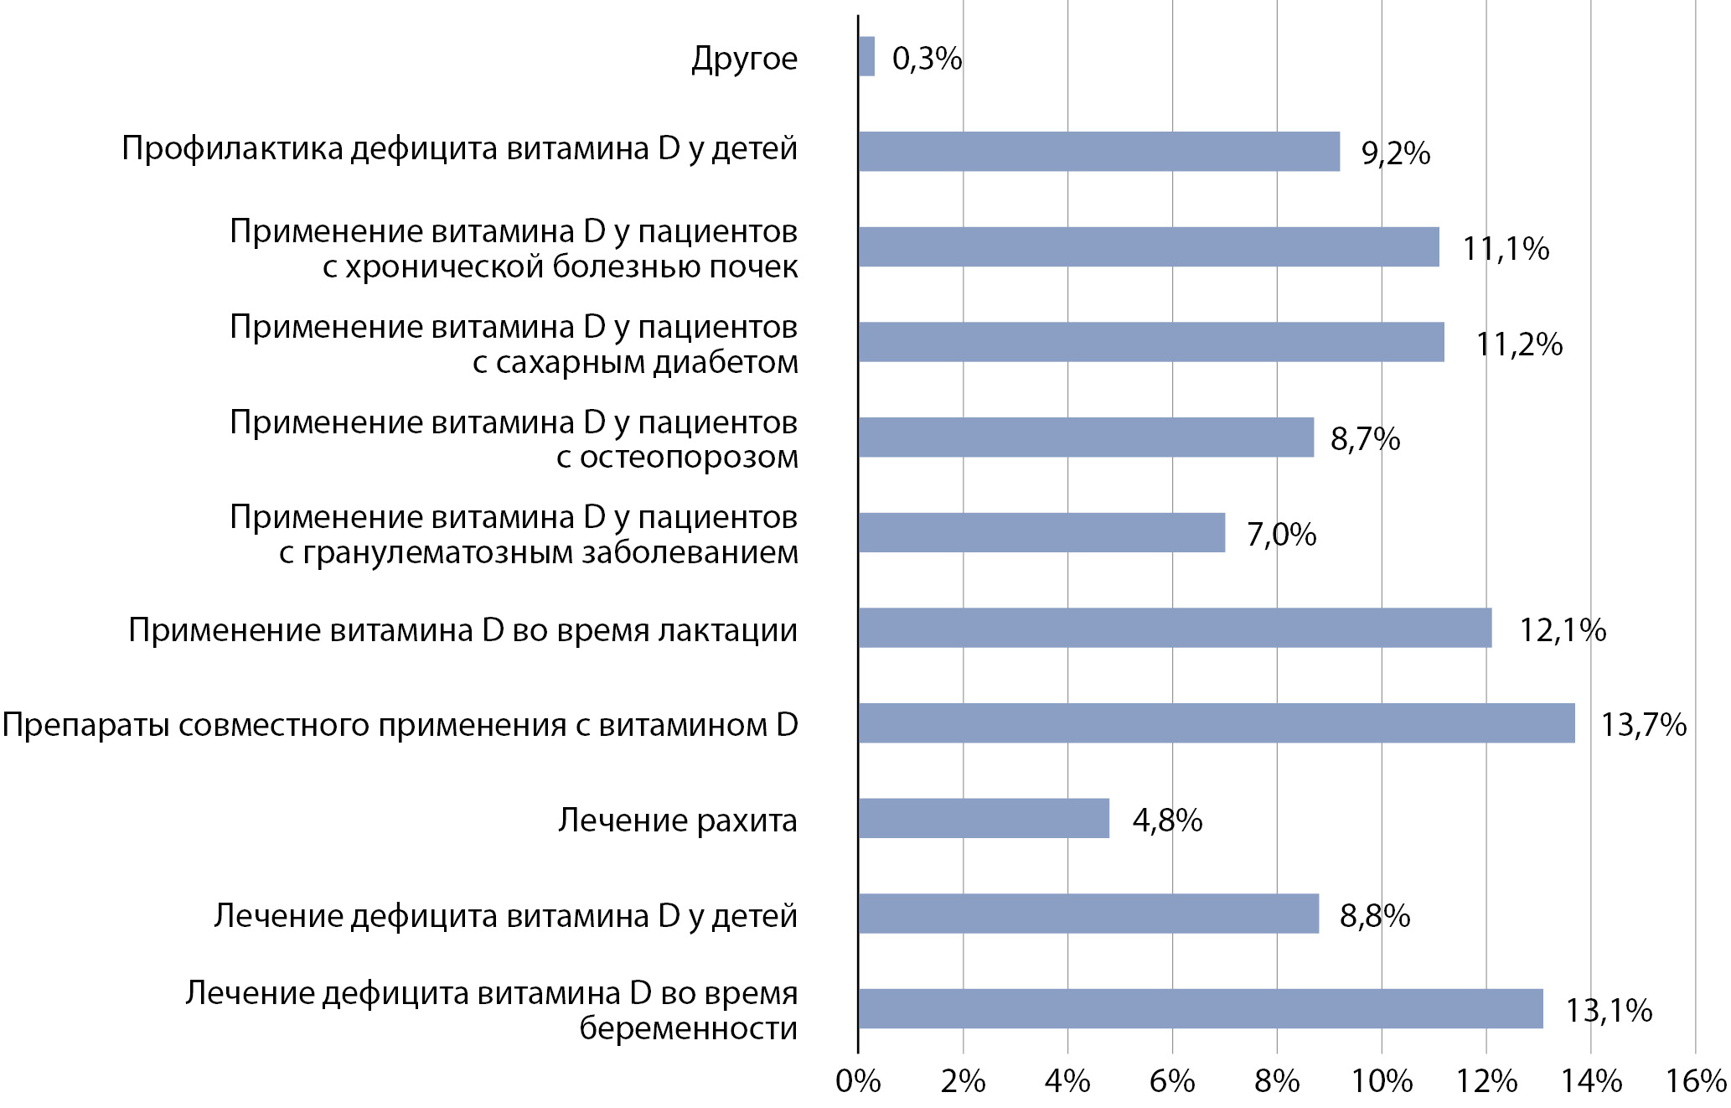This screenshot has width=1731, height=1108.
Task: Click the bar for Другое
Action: pyautogui.click(x=866, y=56)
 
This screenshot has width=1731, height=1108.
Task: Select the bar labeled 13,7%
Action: pyautogui.click(x=1216, y=723)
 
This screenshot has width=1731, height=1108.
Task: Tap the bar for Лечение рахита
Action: pyautogui.click(x=984, y=818)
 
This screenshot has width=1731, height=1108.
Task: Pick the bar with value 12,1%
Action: pyautogui.click(x=1175, y=628)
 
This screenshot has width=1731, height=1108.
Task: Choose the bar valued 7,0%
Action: pyautogui.click(x=1041, y=532)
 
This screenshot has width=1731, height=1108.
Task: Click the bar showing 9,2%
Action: pyautogui.click(x=1098, y=152)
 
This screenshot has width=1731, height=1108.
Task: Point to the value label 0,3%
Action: pyautogui.click(x=927, y=59)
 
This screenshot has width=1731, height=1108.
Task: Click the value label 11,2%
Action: pyautogui.click(x=1518, y=344)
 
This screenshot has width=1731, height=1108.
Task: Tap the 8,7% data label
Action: pyautogui.click(x=1365, y=439)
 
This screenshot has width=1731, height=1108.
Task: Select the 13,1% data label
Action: pyautogui.click(x=1609, y=1011)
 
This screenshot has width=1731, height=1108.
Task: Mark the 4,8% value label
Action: pyautogui.click(x=1167, y=821)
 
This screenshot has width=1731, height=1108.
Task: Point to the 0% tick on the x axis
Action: pyautogui.click(x=858, y=1082)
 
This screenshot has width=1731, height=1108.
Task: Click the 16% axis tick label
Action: pyautogui.click(x=1695, y=1082)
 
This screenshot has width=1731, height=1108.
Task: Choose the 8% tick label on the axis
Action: pyautogui.click(x=1277, y=1082)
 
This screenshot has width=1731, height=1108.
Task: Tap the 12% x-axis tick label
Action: pyautogui.click(x=1486, y=1082)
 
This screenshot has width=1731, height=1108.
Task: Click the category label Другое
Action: pyautogui.click(x=744, y=59)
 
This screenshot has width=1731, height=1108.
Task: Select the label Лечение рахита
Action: pyautogui.click(x=677, y=820)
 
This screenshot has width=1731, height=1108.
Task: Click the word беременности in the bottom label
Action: pyautogui.click(x=688, y=1028)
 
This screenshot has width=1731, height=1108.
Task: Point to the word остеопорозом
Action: pyautogui.click(x=689, y=458)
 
